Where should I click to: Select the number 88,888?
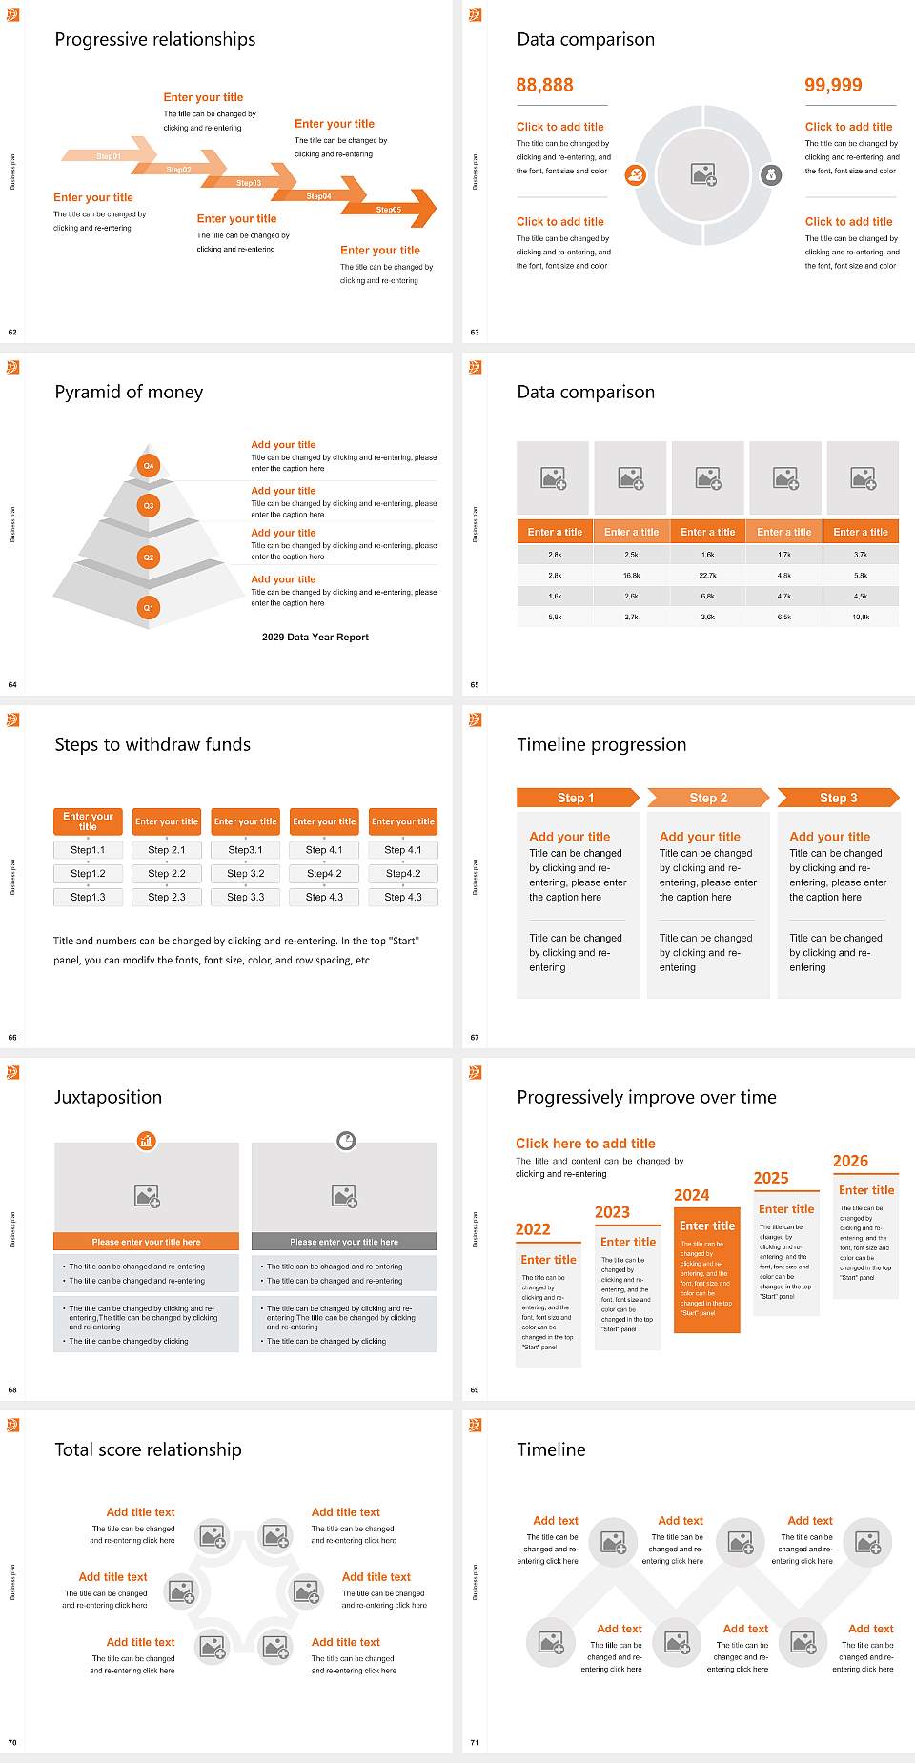click(544, 86)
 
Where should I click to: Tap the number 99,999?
click(833, 86)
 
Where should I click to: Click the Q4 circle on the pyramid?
click(149, 466)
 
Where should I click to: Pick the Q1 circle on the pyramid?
click(149, 607)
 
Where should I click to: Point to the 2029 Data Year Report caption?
click(315, 638)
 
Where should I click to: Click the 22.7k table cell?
click(707, 576)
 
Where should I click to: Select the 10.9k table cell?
click(861, 617)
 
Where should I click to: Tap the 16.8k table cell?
click(631, 576)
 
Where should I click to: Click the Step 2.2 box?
click(167, 873)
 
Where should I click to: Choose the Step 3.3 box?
click(245, 897)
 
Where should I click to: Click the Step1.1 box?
click(88, 850)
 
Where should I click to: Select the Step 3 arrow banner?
click(838, 798)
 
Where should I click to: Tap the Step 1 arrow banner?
click(576, 798)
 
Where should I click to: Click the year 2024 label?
click(692, 1195)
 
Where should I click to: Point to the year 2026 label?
click(850, 1161)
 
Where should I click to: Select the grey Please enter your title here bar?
click(344, 1242)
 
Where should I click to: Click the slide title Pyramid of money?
click(129, 392)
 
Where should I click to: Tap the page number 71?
click(475, 1742)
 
